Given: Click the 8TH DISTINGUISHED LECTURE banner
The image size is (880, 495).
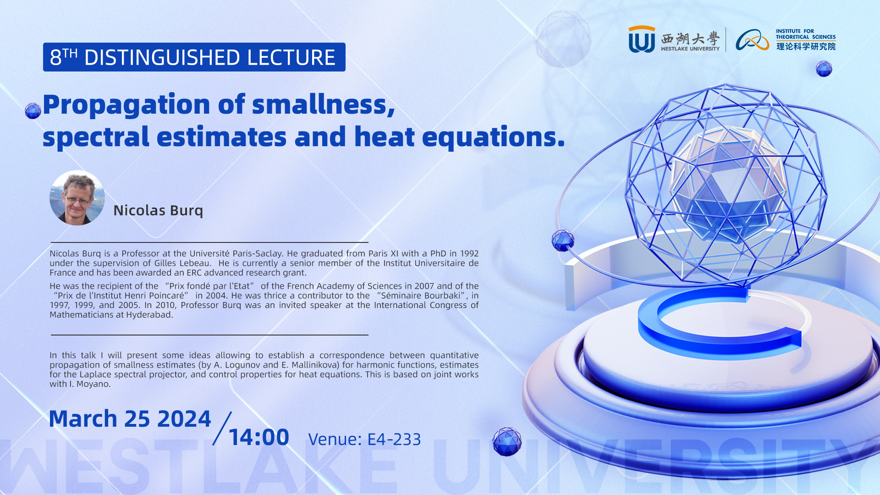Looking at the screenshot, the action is point(194,57).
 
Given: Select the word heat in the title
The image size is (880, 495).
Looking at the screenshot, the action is point(384,137).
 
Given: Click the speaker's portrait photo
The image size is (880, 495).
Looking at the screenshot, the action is point(77,198).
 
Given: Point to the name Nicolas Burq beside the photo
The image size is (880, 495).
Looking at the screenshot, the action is point(158,210).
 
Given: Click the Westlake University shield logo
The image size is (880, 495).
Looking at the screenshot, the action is point(642,39).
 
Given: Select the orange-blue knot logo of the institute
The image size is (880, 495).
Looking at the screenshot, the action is point(752,40).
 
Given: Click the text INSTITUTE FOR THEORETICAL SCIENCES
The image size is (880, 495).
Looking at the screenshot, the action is point(806,34).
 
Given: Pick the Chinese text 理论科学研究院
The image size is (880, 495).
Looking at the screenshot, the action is point(806,46).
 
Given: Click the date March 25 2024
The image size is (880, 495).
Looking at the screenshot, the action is point(130,419).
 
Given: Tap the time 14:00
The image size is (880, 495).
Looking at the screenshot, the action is point(258,437).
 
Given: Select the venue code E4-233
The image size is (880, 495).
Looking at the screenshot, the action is point(394,440).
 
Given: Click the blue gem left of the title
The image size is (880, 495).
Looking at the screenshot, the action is point(33,110).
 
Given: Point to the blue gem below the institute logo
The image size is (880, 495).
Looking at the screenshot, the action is point(824,69).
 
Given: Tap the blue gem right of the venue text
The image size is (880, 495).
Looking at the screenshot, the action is point(507,441).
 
